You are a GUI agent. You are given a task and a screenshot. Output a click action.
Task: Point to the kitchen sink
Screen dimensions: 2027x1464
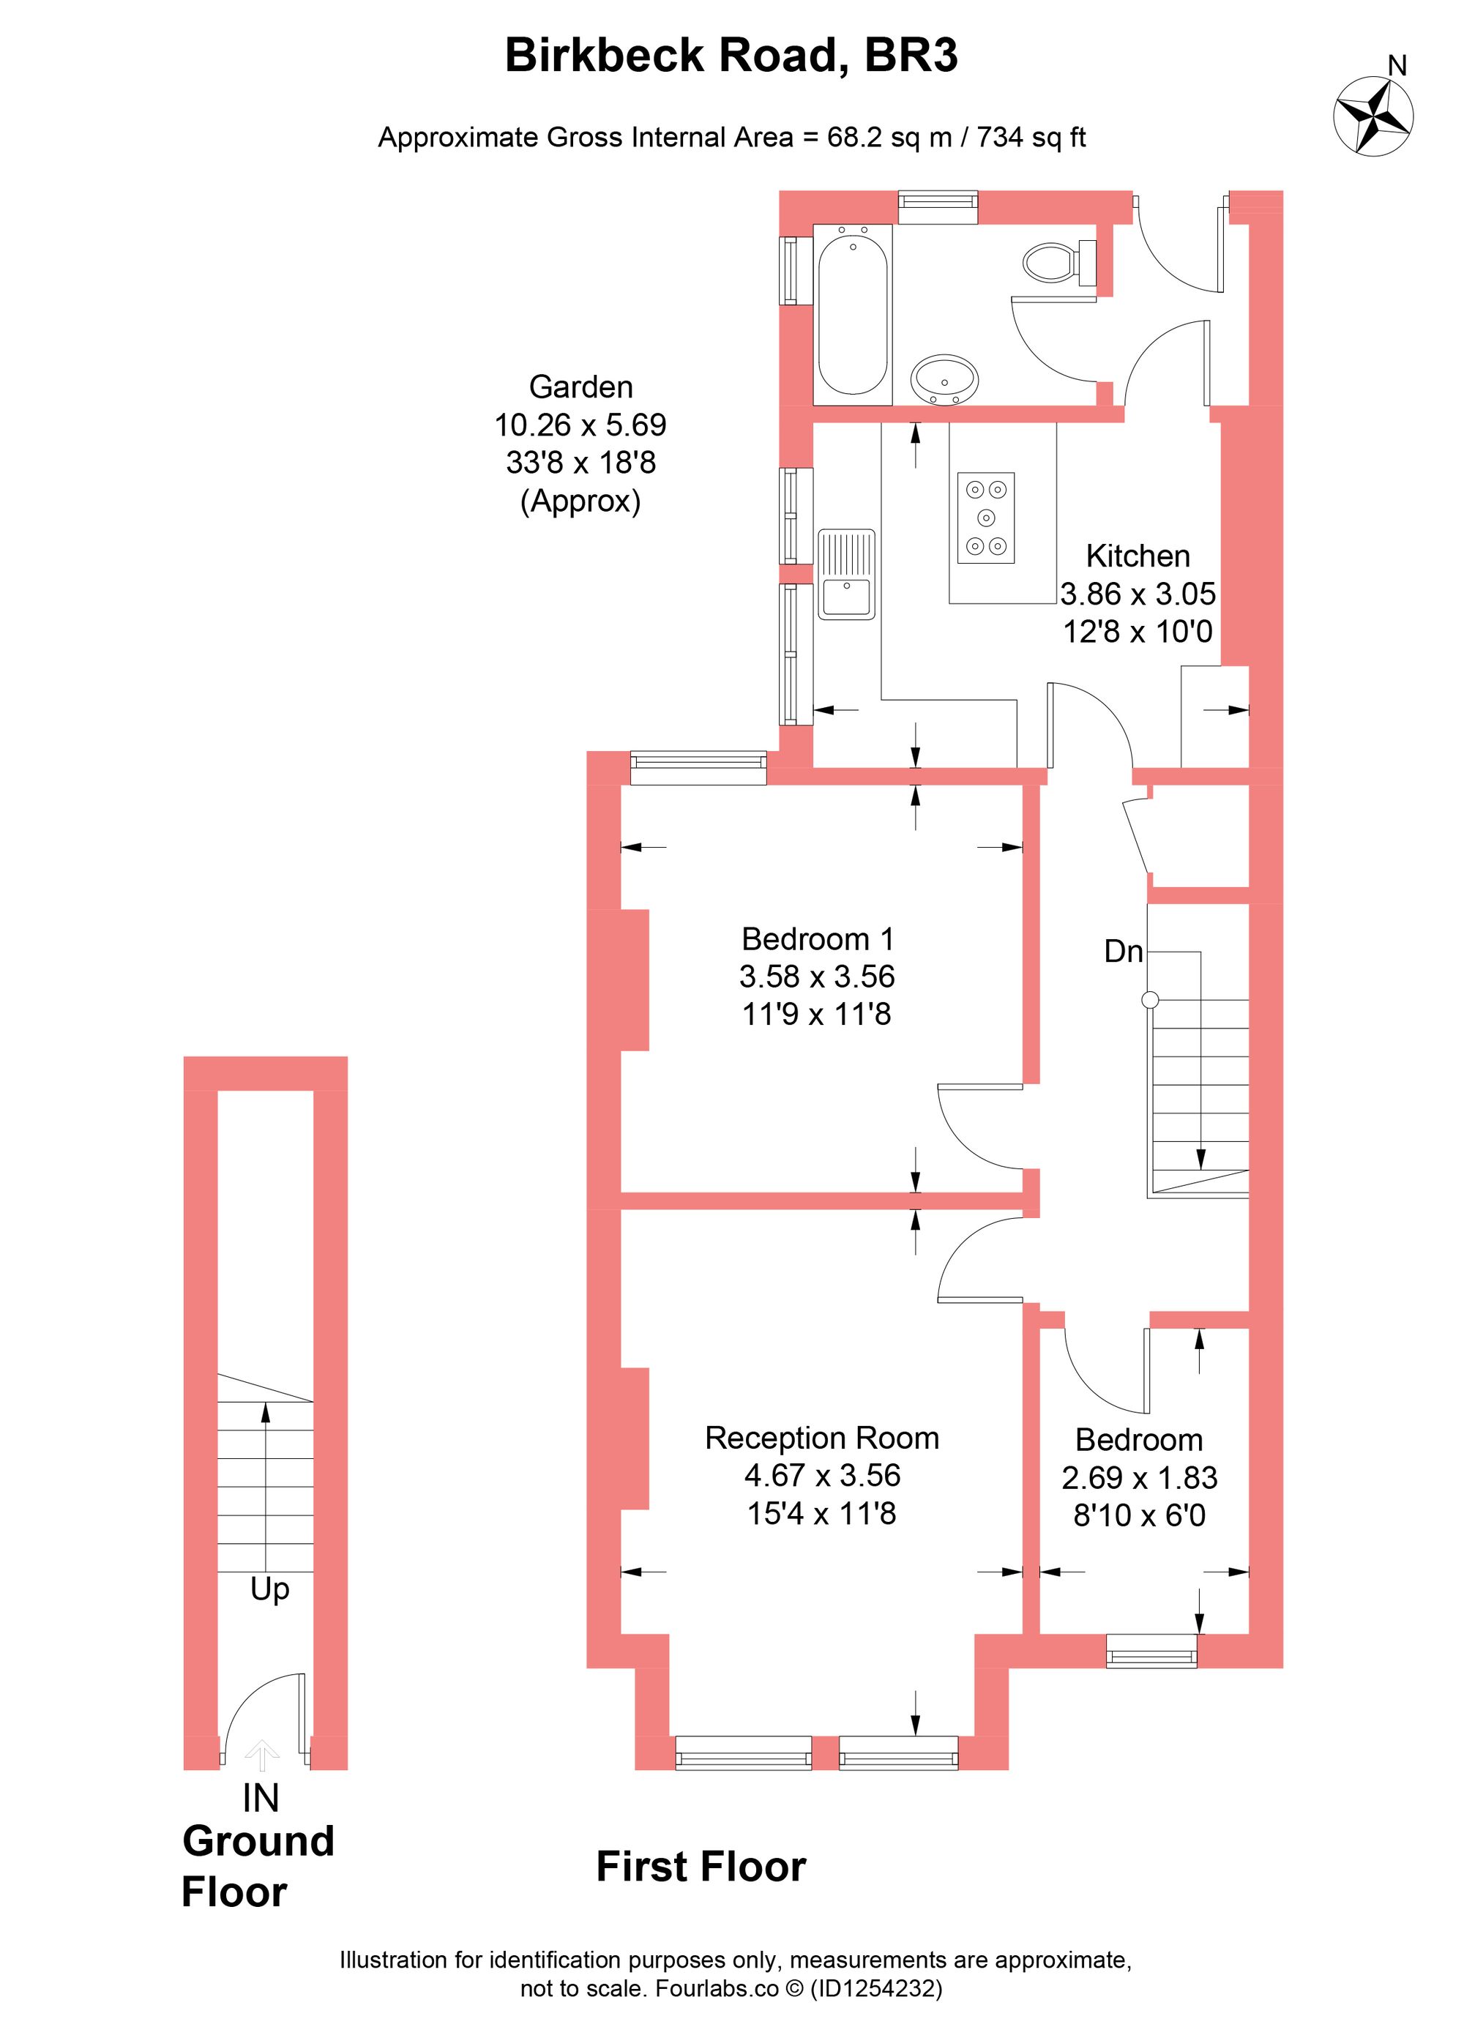845,575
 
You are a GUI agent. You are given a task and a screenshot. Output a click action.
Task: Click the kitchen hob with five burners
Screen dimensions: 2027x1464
986,518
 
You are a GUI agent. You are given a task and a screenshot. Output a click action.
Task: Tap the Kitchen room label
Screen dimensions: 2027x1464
1137,556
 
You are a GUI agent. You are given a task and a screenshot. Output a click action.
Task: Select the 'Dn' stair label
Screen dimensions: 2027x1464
1123,952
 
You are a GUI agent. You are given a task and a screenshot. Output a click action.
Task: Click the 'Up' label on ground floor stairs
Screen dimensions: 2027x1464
269,1589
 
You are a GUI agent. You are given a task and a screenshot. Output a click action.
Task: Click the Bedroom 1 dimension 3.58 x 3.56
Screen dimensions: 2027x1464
816,976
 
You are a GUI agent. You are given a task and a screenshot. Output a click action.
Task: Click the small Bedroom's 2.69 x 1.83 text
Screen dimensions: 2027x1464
1139,1477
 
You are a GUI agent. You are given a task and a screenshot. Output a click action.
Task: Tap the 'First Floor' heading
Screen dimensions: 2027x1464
701,1867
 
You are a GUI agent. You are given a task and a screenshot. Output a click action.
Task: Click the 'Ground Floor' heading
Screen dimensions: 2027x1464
258,1867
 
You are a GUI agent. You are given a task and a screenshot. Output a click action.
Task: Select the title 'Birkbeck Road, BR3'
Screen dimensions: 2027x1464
731,56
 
